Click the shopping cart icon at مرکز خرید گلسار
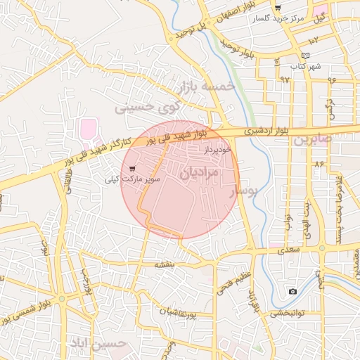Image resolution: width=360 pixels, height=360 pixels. tap(278, 8)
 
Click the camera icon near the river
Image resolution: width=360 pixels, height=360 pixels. tap(292, 291)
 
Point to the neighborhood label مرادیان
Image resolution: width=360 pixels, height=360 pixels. tap(199, 172)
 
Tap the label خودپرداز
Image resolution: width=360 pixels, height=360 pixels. tap(217, 150)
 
